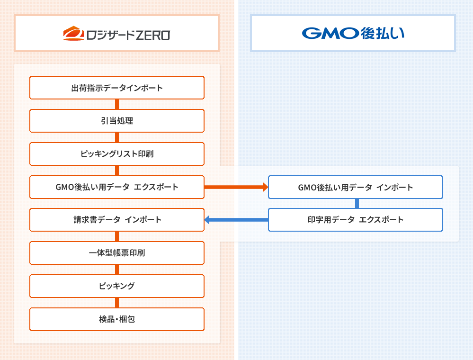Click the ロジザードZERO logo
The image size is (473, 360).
tap(116, 34)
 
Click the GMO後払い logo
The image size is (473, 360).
tap(353, 34)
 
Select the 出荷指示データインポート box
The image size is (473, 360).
tap(117, 88)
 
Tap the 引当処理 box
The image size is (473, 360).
tap(117, 121)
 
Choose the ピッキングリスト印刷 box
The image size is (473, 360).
tap(117, 154)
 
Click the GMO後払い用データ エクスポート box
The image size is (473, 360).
tap(117, 187)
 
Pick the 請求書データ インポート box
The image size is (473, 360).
tap(117, 220)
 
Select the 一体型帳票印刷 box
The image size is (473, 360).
tap(117, 253)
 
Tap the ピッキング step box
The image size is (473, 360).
tap(117, 286)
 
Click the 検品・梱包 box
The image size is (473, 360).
tap(117, 319)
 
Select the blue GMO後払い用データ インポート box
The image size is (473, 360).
tap(356, 187)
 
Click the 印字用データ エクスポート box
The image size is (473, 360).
tap(356, 220)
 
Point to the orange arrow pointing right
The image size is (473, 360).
tap(236, 187)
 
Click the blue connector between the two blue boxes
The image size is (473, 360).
tap(357, 203)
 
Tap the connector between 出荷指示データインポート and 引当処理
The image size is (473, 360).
tap(117, 104)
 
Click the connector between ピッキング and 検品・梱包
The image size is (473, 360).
tap(117, 303)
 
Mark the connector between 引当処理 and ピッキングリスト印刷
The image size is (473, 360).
tap(117, 137)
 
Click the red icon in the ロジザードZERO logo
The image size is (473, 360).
tap(73, 34)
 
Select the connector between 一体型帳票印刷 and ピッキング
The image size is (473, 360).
tap(117, 270)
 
